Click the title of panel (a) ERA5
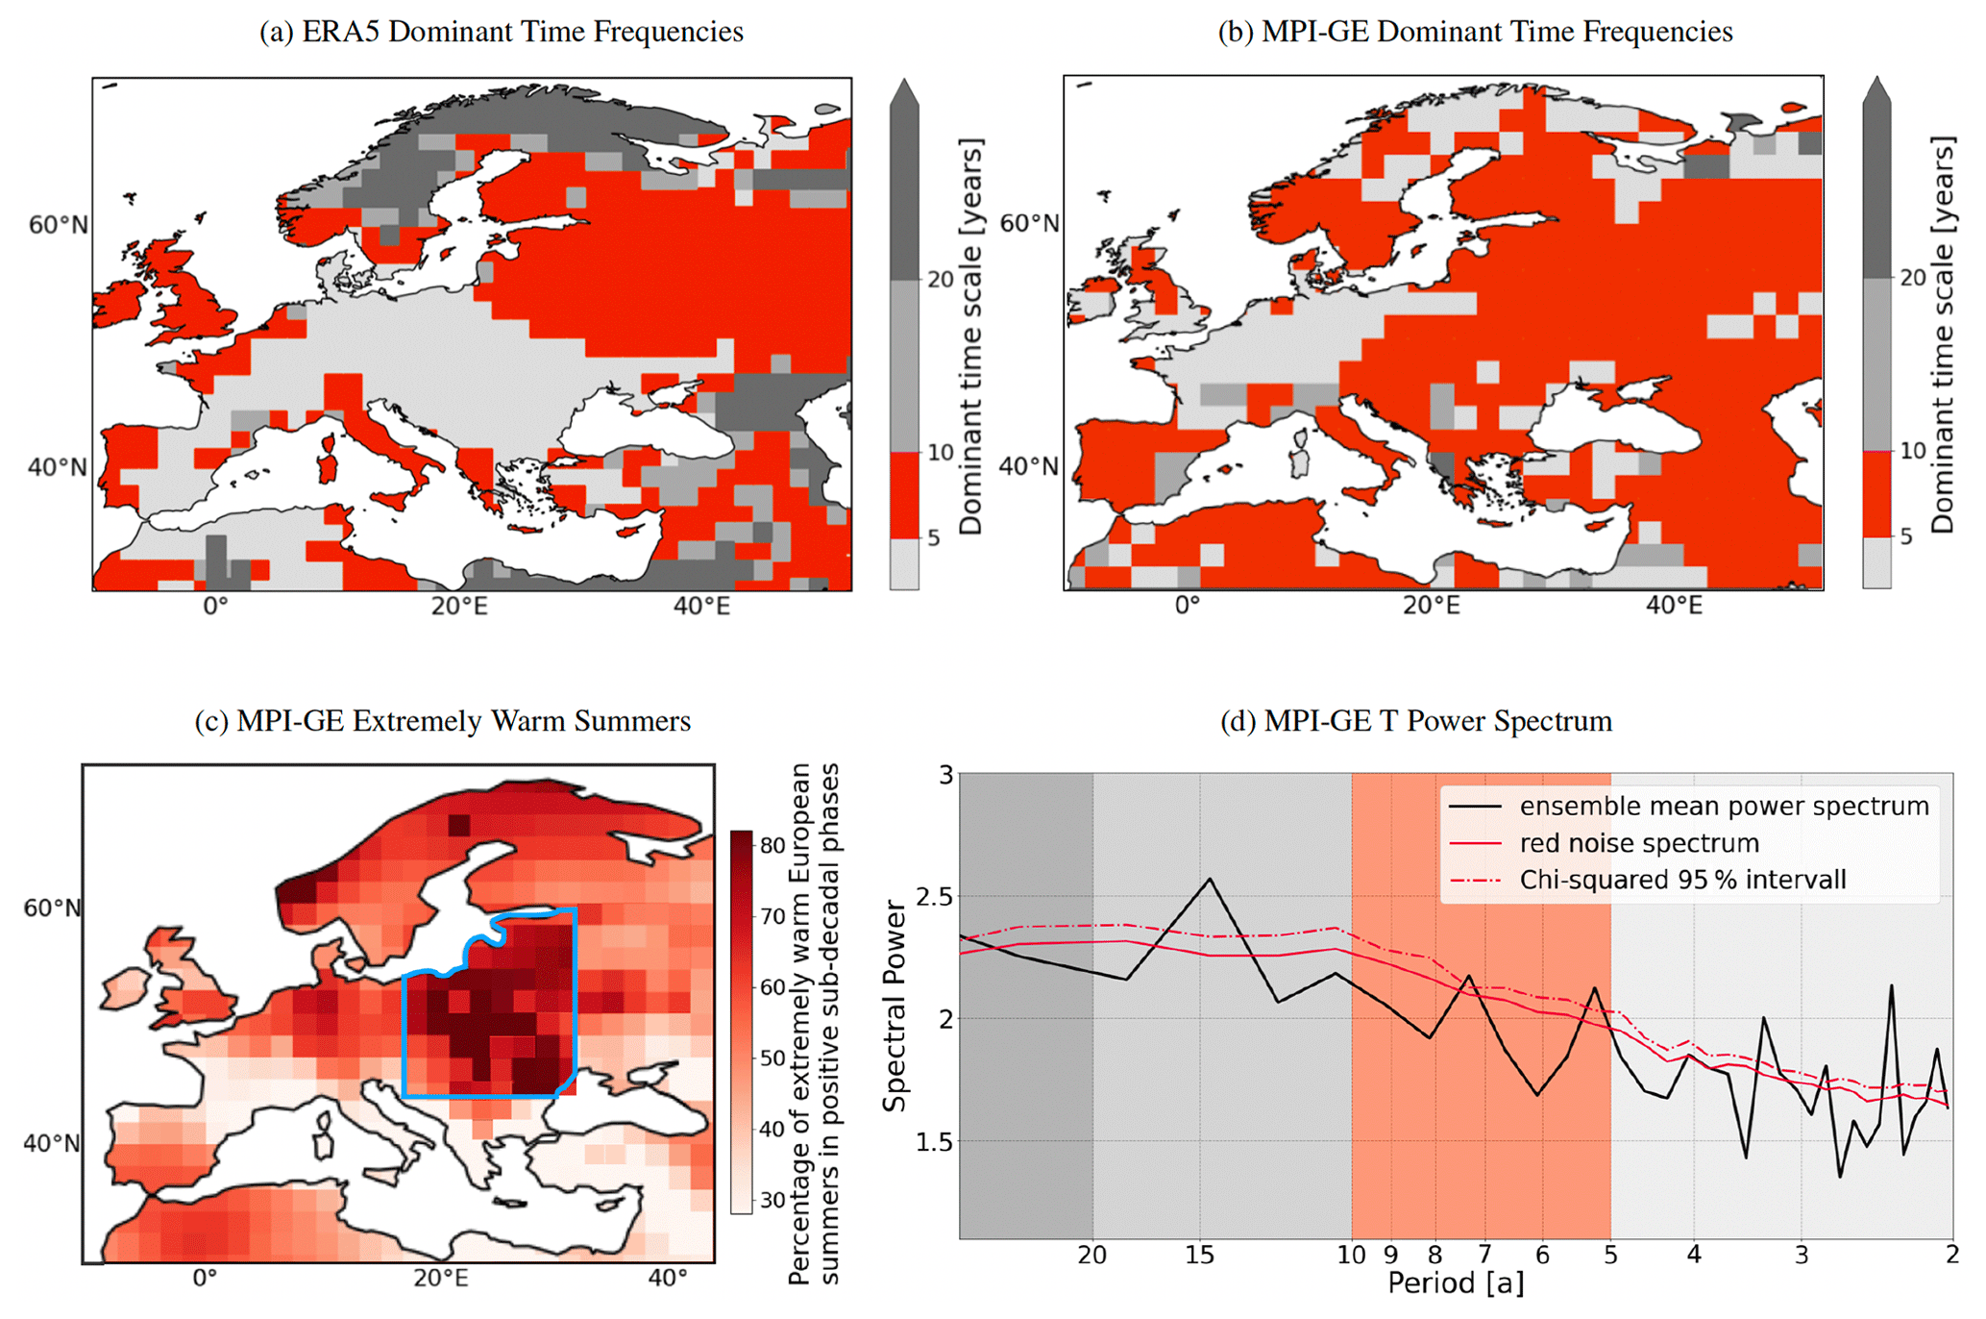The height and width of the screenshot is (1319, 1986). click(501, 32)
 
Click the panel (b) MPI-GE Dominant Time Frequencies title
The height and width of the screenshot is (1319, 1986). click(1475, 32)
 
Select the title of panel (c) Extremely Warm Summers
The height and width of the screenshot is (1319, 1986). click(442, 721)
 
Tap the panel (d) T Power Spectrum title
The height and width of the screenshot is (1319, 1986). click(1415, 721)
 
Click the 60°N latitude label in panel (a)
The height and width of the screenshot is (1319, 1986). click(58, 225)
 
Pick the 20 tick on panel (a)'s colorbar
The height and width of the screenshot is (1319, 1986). click(940, 280)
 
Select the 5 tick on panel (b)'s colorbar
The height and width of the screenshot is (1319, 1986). click(1906, 536)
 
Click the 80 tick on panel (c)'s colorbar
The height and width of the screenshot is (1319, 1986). click(772, 846)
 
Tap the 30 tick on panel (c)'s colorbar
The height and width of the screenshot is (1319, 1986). click(772, 1200)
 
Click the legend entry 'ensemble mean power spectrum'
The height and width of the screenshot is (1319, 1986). click(1724, 807)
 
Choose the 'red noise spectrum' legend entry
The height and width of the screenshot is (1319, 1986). click(1639, 843)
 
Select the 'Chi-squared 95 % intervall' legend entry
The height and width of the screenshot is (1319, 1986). click(1682, 880)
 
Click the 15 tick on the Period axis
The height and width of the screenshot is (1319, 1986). click(1199, 1256)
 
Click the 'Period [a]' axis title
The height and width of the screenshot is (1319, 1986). click(1455, 1284)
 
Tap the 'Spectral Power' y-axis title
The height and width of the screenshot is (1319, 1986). click(895, 1006)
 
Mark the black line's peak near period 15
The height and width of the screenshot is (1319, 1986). click(1210, 879)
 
